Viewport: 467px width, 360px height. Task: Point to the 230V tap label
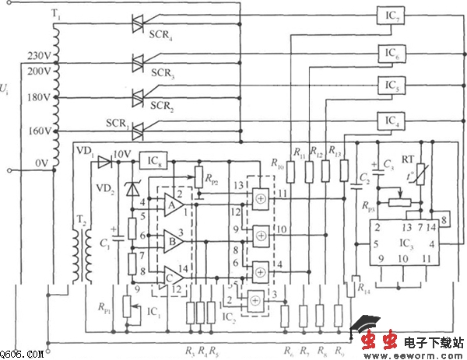point(37,55)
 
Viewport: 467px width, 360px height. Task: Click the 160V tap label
point(37,130)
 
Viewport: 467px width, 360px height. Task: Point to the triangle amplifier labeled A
point(174,205)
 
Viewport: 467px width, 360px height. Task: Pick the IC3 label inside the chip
point(404,243)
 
